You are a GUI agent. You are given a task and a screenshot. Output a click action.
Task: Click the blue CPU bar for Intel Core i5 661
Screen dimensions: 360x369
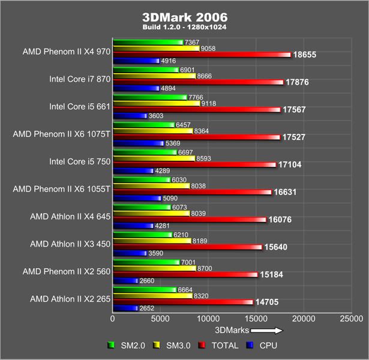tap(130, 115)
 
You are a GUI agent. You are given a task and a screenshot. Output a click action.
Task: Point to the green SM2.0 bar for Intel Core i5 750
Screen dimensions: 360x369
tap(145, 152)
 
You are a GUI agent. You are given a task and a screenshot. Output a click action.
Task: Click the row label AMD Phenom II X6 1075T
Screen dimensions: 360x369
tap(62, 134)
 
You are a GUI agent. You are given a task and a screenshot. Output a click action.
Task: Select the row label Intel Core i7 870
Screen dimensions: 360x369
tap(80, 79)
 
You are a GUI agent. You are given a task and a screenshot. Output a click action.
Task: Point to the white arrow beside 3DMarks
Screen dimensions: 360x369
tap(266, 329)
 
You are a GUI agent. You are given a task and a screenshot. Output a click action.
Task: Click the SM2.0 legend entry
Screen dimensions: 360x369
tap(127, 345)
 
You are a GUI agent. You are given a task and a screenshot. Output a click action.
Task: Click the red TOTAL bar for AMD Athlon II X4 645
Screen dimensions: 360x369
tap(189, 220)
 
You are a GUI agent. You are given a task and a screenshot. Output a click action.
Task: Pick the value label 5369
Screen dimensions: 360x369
tap(173, 143)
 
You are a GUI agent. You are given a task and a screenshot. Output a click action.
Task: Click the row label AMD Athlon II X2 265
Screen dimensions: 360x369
tap(70, 299)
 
